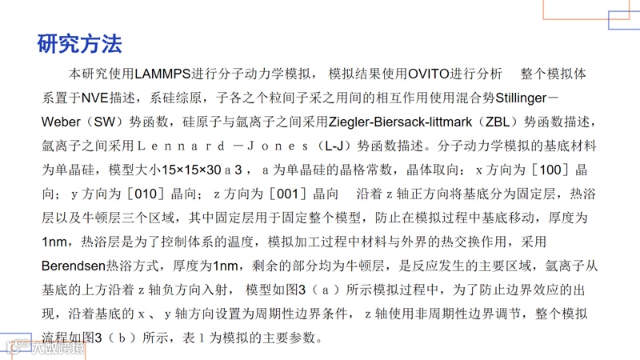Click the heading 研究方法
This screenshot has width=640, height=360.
(x=79, y=43)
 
